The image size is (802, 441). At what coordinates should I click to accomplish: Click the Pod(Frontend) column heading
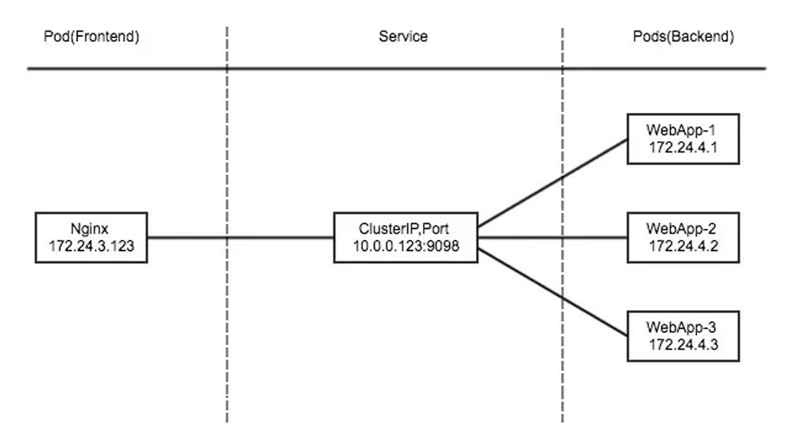(x=92, y=37)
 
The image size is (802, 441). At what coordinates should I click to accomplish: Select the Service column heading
(x=403, y=36)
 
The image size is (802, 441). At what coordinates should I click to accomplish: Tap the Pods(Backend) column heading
(x=684, y=37)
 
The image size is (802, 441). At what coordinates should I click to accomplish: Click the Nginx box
(x=92, y=237)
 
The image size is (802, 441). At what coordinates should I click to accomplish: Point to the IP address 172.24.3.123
(x=92, y=246)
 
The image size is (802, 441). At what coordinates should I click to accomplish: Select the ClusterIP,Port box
(x=406, y=237)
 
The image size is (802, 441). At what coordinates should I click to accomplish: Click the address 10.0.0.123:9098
(x=406, y=246)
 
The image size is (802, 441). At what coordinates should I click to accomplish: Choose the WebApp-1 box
(x=684, y=139)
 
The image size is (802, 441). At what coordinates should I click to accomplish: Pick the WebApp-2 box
(x=684, y=237)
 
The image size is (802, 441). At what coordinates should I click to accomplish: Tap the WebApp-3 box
(x=684, y=336)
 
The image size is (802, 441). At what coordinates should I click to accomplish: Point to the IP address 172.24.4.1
(x=684, y=148)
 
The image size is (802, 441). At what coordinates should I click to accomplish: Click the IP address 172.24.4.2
(x=684, y=246)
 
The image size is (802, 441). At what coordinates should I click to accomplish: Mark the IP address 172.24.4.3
(x=684, y=345)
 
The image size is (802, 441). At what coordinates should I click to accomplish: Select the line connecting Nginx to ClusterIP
(x=241, y=237)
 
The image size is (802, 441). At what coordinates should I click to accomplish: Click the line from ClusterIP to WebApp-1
(x=553, y=183)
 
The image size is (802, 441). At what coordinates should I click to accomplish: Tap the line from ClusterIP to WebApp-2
(x=553, y=237)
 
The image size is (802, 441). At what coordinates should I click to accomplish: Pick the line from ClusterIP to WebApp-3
(x=553, y=293)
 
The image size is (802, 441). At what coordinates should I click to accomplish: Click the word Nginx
(x=89, y=230)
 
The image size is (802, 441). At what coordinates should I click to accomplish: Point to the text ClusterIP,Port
(x=404, y=229)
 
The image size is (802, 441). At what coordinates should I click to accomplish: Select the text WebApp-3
(x=681, y=327)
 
